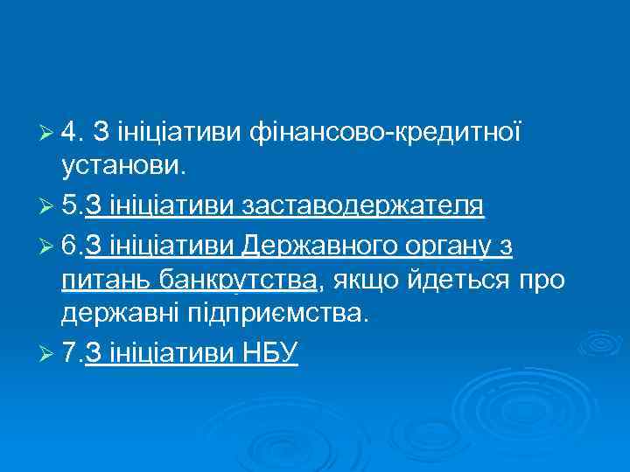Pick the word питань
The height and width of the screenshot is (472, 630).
[x=107, y=281]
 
